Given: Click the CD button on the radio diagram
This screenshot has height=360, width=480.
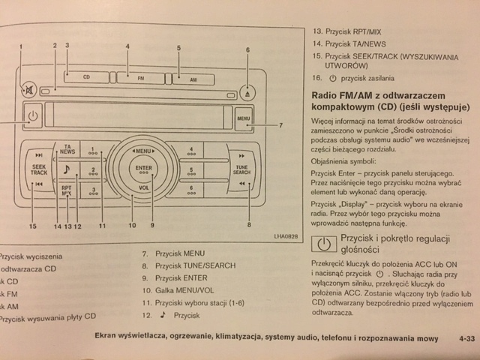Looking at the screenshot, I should click(x=86, y=76).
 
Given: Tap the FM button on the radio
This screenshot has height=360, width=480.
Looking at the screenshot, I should click(x=141, y=76).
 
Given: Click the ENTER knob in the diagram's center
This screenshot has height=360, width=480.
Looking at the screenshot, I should click(x=144, y=168).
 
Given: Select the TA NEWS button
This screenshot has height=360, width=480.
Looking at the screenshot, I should click(x=67, y=148).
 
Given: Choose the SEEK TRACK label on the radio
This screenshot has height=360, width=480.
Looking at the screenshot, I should click(x=39, y=170).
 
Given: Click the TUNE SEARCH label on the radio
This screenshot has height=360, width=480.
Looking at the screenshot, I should click(x=241, y=169).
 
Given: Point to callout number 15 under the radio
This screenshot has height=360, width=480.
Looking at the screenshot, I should click(x=32, y=226).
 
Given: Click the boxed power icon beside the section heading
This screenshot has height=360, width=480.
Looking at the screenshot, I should click(x=323, y=244).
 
